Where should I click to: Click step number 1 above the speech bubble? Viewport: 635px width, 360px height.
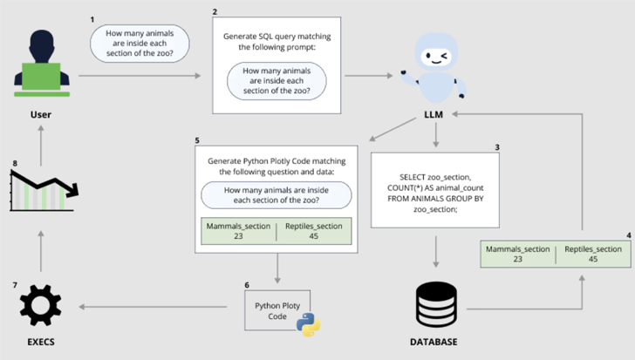pos(93,17)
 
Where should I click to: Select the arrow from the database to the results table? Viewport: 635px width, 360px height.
pos(523,308)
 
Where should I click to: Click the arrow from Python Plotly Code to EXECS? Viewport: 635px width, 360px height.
pos(157,307)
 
